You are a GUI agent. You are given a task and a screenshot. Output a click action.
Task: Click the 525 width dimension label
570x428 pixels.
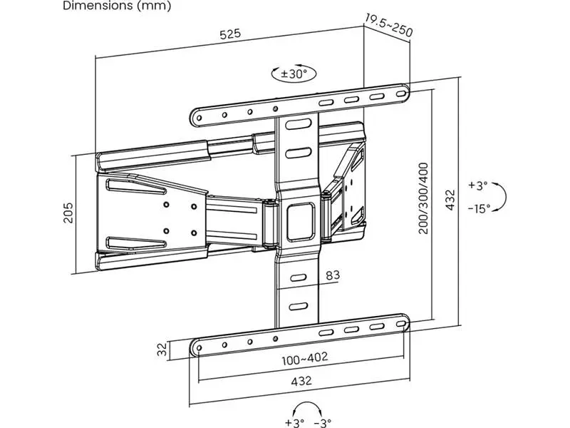[230, 34]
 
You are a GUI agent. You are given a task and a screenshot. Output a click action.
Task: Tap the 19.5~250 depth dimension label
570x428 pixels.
[388, 26]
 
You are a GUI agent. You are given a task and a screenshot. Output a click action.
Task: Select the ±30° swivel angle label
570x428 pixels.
[294, 74]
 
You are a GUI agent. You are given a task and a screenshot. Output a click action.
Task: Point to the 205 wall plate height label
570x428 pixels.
[68, 213]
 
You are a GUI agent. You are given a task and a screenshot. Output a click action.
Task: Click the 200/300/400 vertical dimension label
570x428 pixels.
[423, 198]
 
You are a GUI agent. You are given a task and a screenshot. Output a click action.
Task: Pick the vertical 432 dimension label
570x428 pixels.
[450, 200]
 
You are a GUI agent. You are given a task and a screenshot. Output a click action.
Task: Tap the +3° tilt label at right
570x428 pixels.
[477, 185]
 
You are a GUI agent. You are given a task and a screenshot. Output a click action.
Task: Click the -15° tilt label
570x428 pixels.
[479, 208]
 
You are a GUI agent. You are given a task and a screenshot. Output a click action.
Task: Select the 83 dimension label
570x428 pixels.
[333, 275]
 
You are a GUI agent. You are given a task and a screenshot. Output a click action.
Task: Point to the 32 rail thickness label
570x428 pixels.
[163, 349]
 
